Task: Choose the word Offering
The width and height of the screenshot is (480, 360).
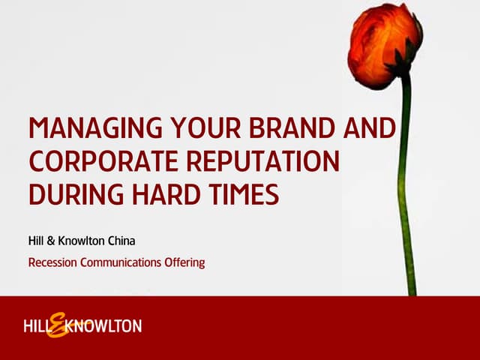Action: pyautogui.click(x=185, y=262)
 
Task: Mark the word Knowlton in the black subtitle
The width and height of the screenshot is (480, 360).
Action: pyautogui.click(x=84, y=241)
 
